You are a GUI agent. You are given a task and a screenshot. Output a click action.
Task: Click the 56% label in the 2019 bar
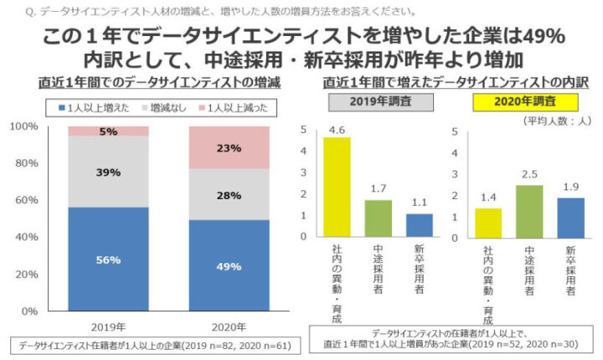108,260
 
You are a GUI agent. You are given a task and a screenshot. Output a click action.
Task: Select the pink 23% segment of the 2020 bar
229,148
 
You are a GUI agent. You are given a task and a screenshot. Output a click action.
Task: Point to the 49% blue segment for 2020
229,266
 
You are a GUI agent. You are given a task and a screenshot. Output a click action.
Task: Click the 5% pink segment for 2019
108,131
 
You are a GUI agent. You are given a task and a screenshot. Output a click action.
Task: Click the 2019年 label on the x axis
108,326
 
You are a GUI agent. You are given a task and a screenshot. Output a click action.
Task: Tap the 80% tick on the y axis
25,163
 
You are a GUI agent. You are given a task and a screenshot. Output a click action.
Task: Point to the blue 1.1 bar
420,226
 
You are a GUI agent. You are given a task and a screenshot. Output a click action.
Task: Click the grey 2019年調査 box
378,103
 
